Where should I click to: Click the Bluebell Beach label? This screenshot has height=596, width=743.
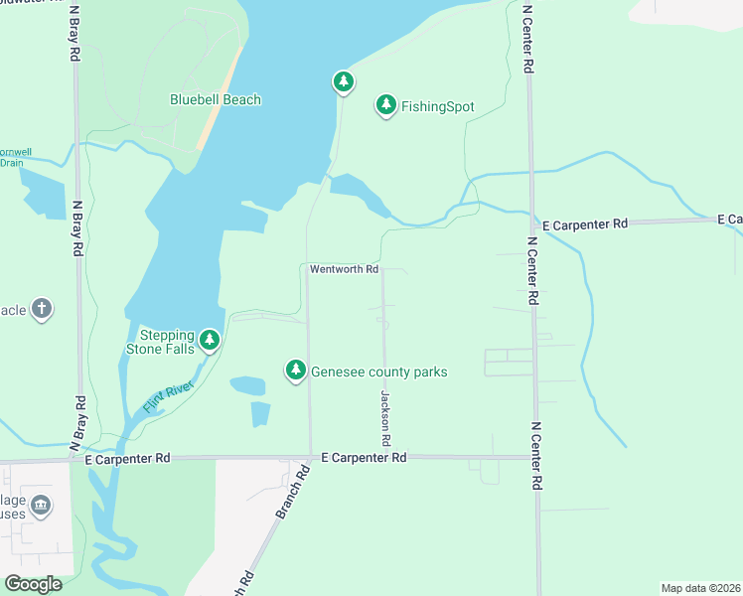(216, 99)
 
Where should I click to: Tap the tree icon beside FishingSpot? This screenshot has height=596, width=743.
(385, 105)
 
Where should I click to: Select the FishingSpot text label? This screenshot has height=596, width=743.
(438, 106)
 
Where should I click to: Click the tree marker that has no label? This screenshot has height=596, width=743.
(343, 81)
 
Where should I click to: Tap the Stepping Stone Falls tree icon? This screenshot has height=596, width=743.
(209, 341)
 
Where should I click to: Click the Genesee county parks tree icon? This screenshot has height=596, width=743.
(295, 370)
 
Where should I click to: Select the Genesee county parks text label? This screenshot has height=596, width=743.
(379, 372)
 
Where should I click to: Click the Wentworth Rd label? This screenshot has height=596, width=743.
(344, 269)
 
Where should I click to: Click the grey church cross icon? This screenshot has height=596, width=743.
(42, 308)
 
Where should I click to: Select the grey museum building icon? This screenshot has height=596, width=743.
(41, 507)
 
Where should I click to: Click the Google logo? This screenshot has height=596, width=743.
(33, 584)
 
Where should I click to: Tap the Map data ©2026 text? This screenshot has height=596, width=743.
(700, 587)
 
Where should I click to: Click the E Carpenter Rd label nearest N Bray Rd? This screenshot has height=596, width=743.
(127, 458)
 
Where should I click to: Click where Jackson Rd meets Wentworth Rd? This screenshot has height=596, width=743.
(384, 269)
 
